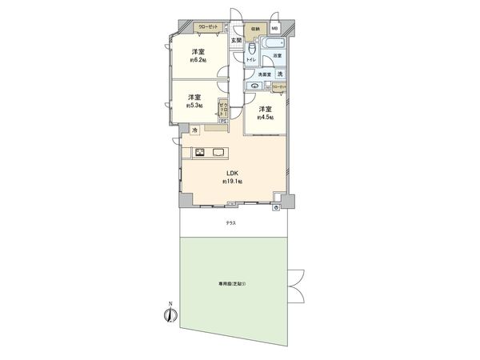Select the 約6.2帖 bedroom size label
(x=198, y=60)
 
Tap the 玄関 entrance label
(x=236, y=40)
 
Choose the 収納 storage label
(x=255, y=29)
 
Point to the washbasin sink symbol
(x=255, y=85)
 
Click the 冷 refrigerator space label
(x=194, y=130)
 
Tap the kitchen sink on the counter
(x=218, y=152)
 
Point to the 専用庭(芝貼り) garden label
(x=230, y=283)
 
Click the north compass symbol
(x=170, y=314)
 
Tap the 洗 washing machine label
(x=280, y=74)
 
